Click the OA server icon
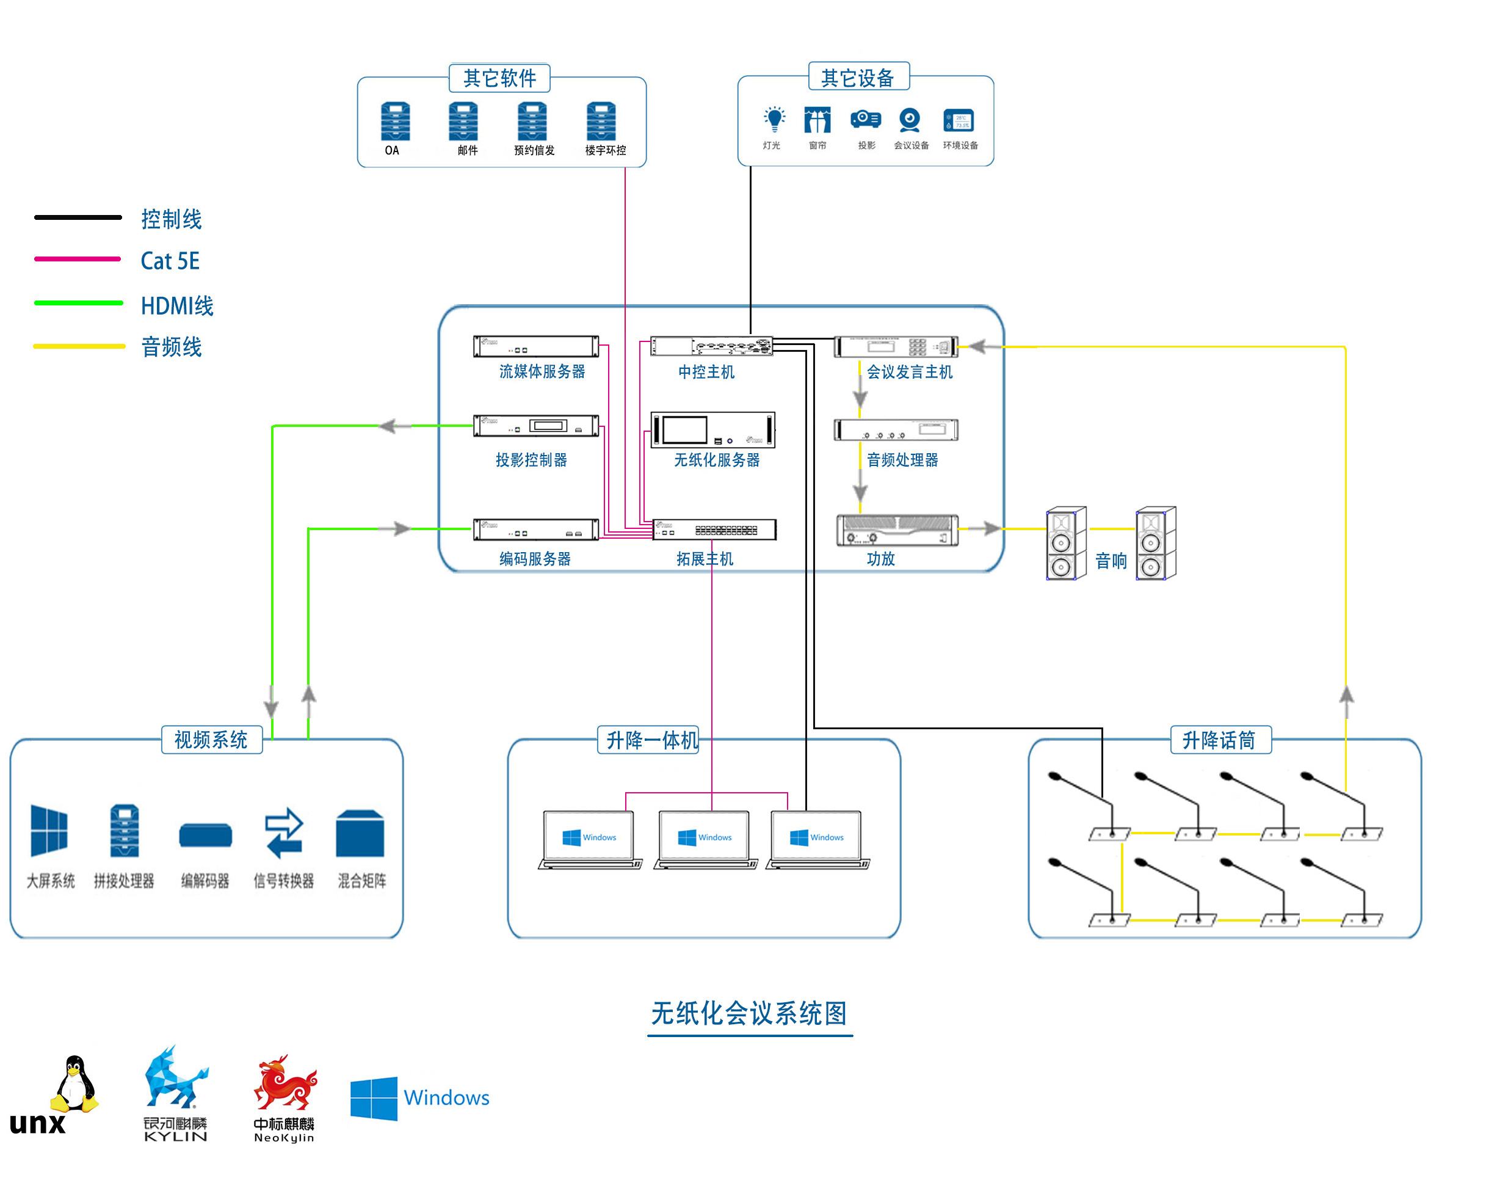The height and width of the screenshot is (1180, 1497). [395, 122]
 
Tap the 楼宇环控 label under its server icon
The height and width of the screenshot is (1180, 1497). [605, 151]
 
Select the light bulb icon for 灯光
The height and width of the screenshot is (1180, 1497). [774, 119]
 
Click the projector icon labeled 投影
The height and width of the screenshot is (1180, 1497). [865, 119]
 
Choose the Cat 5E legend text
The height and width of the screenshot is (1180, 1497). [170, 261]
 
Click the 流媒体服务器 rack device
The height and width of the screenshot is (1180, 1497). [535, 346]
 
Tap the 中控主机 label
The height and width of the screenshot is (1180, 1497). [706, 373]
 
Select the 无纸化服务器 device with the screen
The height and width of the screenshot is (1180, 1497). [712, 430]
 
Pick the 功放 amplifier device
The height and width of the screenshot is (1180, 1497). [896, 531]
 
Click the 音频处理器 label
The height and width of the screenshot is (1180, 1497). [902, 460]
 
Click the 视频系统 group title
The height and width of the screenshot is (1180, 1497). [211, 740]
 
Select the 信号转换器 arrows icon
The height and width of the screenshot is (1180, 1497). [284, 832]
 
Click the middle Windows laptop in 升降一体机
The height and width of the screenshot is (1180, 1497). [705, 839]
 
